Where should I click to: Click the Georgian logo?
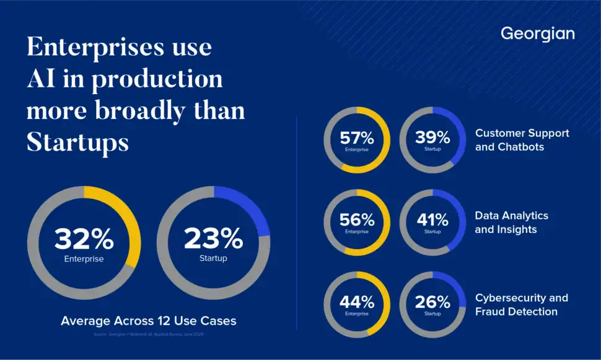coord(537,33)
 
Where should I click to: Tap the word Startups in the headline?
coord(77,143)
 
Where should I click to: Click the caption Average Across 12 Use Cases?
coord(148,321)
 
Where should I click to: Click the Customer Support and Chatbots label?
coord(522,140)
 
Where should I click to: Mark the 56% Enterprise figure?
coord(357,221)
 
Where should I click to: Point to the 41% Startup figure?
coord(432,221)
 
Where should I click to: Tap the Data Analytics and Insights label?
coord(511,222)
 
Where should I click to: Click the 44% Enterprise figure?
coord(357,303)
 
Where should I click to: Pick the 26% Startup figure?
coord(432,303)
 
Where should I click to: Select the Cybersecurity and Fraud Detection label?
coord(521,305)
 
